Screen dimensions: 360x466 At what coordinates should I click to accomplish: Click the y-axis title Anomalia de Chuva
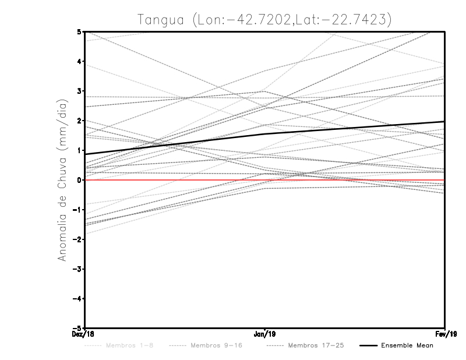pos(61,179)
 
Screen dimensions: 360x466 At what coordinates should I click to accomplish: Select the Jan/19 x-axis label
pos(265,334)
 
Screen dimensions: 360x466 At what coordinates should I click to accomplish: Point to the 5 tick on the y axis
pos(79,31)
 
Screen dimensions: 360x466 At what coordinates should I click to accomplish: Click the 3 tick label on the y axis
pos(79,91)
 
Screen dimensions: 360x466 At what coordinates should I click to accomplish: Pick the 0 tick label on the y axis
pos(79,180)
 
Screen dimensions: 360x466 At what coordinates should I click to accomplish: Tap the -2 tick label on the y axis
pos(77,239)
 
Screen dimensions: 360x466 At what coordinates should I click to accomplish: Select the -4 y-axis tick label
pos(77,298)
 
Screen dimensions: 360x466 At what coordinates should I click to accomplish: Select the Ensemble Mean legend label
pos(407,345)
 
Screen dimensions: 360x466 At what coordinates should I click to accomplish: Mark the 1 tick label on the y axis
pos(79,150)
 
